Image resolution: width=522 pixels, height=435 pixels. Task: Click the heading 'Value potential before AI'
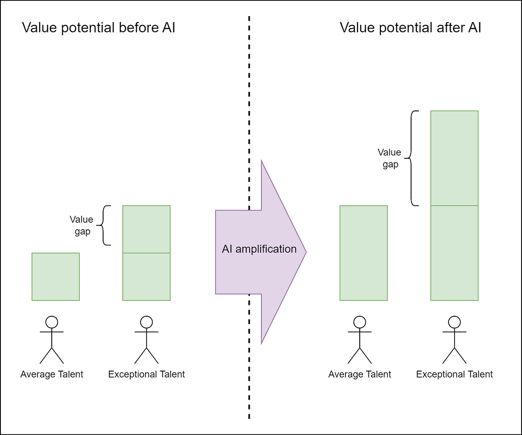click(x=98, y=28)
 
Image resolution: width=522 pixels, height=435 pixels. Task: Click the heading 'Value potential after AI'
click(x=410, y=28)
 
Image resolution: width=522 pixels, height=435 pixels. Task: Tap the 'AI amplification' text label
click(x=259, y=249)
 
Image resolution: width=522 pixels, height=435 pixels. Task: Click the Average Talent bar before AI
click(x=56, y=277)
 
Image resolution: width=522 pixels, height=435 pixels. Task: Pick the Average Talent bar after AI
click(x=363, y=253)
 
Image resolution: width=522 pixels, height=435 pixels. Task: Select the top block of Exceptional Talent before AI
click(x=146, y=229)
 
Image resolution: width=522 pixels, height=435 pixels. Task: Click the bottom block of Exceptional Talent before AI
click(x=146, y=277)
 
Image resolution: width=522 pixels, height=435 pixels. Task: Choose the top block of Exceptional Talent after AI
click(x=454, y=158)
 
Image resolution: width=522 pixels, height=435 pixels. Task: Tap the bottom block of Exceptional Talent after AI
click(x=454, y=253)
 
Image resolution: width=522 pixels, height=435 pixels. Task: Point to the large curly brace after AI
click(x=413, y=158)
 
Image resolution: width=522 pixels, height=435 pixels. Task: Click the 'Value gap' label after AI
click(x=389, y=158)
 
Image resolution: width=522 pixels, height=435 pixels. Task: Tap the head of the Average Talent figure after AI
click(x=359, y=322)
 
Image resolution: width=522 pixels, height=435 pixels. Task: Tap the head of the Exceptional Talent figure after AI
click(x=455, y=322)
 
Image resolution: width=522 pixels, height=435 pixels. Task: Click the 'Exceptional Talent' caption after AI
click(x=455, y=374)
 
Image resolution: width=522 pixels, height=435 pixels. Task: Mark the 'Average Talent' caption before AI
click(x=52, y=374)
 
